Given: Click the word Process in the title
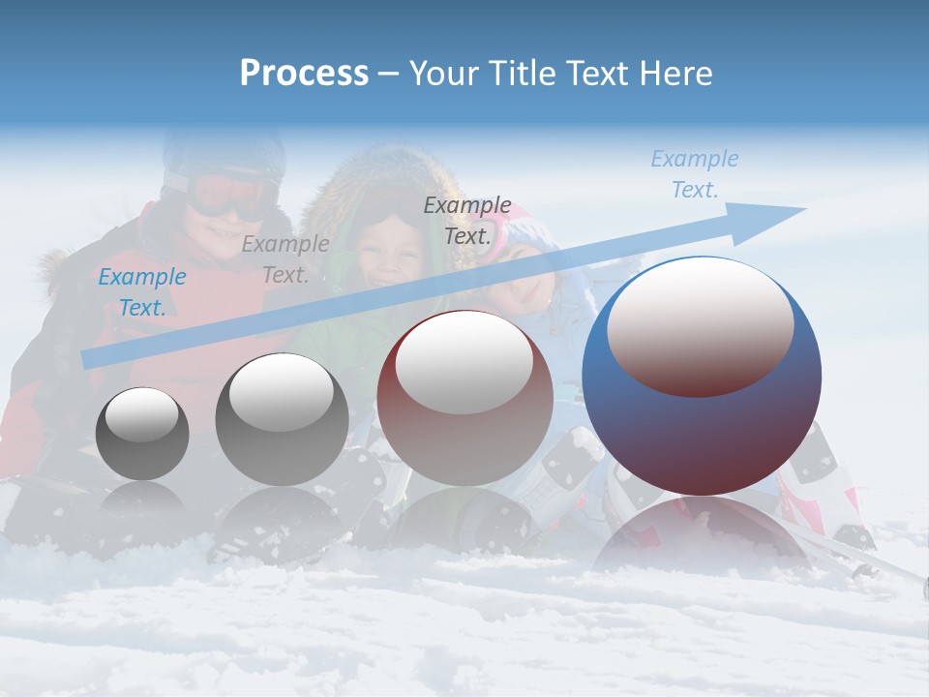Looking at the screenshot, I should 304,74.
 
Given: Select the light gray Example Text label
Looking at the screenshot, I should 285,259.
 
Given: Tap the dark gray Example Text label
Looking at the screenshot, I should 466,221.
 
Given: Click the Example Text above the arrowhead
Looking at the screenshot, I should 694,174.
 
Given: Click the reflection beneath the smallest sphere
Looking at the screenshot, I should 142,499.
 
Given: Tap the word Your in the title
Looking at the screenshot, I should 447,74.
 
